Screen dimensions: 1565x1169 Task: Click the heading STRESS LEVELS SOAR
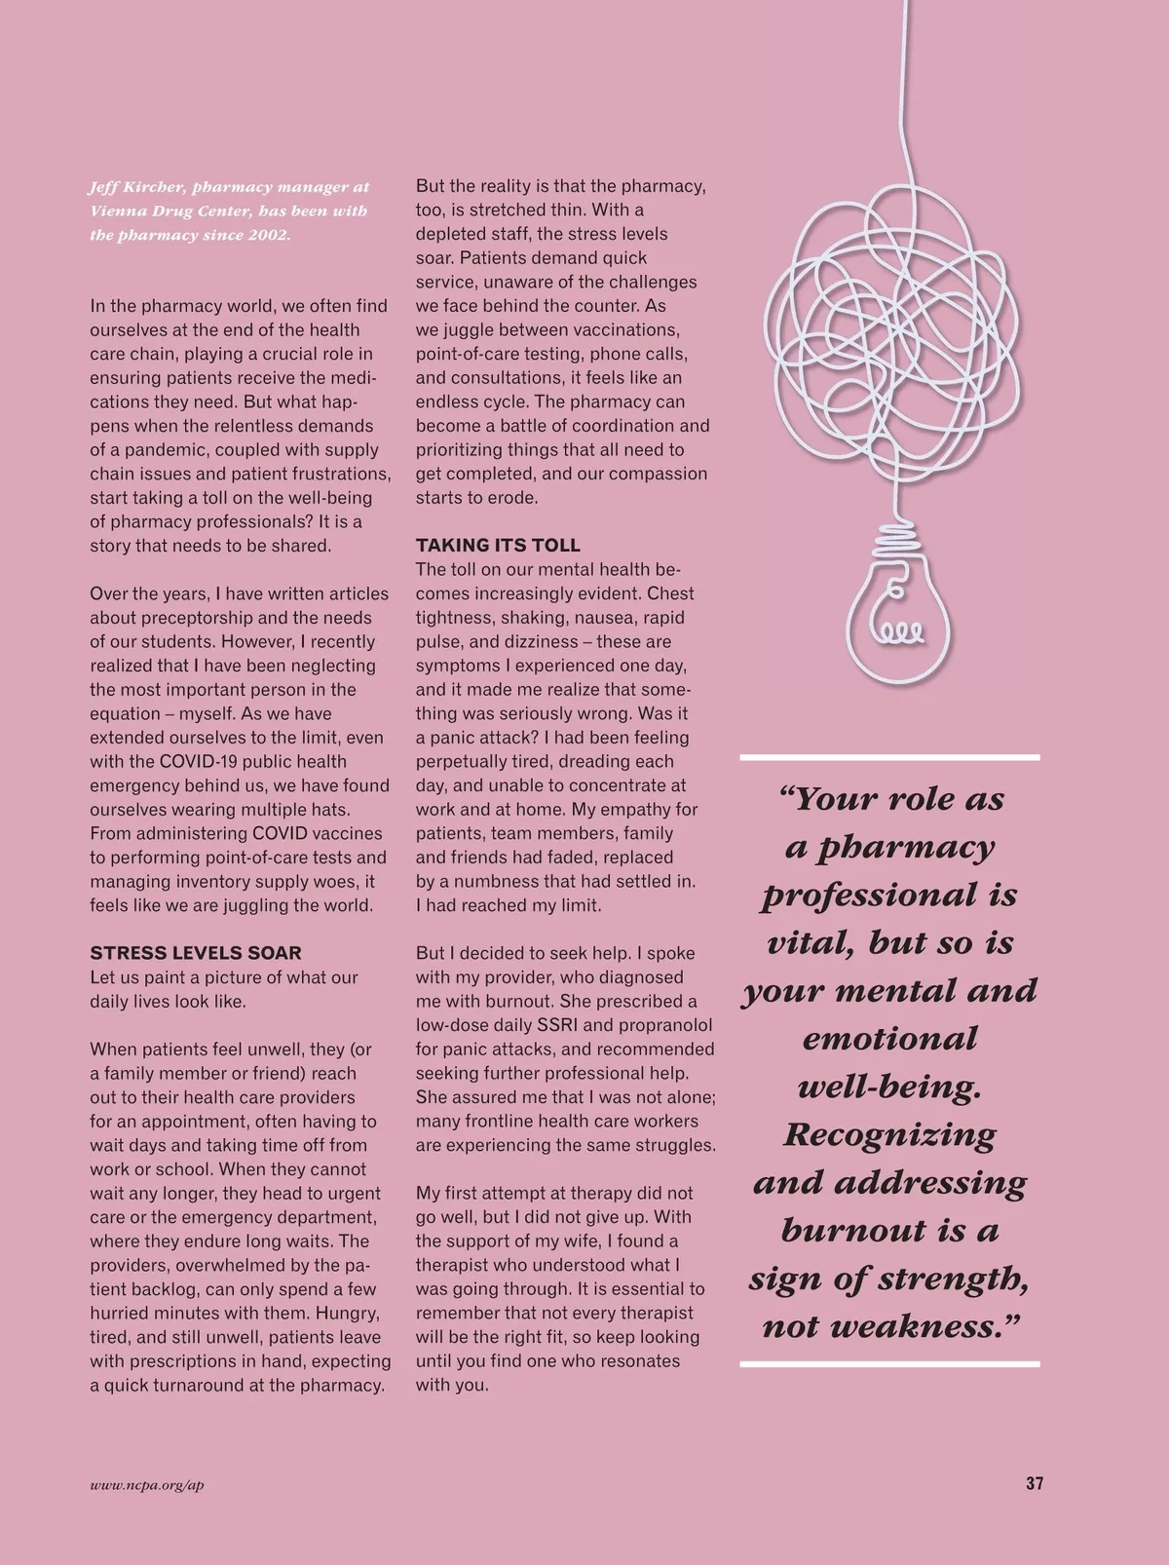point(196,953)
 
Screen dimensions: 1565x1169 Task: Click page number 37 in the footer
point(1035,1484)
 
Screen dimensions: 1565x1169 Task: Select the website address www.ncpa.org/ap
point(146,1485)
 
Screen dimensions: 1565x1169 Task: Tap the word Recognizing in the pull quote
point(889,1134)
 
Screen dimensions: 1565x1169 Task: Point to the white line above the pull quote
point(889,757)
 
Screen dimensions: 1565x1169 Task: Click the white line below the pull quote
point(889,1364)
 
